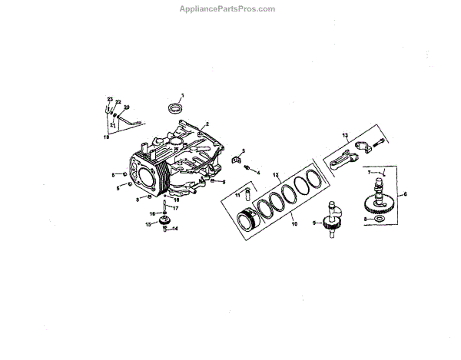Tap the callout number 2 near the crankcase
(x=206, y=124)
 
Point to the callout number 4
(x=258, y=173)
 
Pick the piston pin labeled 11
(x=248, y=193)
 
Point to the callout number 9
(x=314, y=223)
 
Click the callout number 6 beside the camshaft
(x=406, y=194)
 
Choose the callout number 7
(x=368, y=173)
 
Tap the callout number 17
(x=176, y=208)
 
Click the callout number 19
(x=107, y=136)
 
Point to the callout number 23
(x=110, y=101)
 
